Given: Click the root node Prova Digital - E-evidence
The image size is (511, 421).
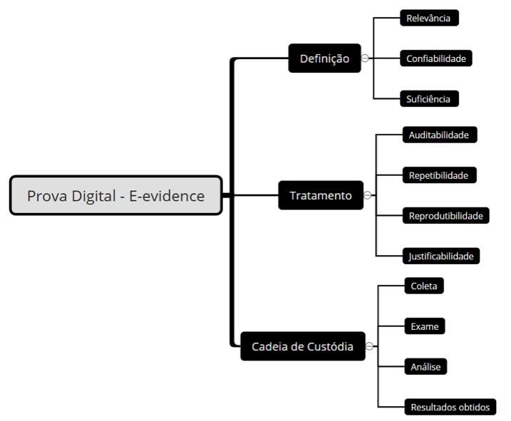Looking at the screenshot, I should pyautogui.click(x=115, y=195).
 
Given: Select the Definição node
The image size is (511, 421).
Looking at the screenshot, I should pyautogui.click(x=324, y=58).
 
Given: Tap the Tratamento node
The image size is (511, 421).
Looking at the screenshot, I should pyautogui.click(x=320, y=195).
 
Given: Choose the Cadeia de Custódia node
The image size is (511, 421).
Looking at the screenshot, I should pyautogui.click(x=302, y=347).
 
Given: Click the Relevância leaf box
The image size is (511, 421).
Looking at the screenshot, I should pyautogui.click(x=428, y=18).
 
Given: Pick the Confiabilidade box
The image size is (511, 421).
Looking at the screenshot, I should pyautogui.click(x=436, y=58).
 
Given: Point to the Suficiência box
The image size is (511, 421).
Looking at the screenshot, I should pyautogui.click(x=428, y=99).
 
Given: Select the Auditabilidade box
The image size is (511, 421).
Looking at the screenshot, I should pyautogui.click(x=438, y=134).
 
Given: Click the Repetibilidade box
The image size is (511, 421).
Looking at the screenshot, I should pyautogui.click(x=438, y=175).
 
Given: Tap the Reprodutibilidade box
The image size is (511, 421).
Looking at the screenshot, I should pyautogui.click(x=445, y=215).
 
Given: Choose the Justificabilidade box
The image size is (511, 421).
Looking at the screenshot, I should pyautogui.click(x=440, y=256).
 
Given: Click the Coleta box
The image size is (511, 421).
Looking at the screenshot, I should pyautogui.click(x=423, y=286).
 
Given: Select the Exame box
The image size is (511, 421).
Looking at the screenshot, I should pyautogui.click(x=424, y=326).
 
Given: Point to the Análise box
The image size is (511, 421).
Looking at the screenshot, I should pyautogui.click(x=425, y=367).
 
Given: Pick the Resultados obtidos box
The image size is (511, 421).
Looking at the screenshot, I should pyautogui.click(x=450, y=407).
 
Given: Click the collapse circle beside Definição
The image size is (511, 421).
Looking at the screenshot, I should pyautogui.click(x=365, y=58).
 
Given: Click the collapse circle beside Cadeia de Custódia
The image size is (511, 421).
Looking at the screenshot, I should pyautogui.click(x=369, y=347).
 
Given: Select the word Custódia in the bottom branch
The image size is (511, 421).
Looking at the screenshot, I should pyautogui.click(x=329, y=347).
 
